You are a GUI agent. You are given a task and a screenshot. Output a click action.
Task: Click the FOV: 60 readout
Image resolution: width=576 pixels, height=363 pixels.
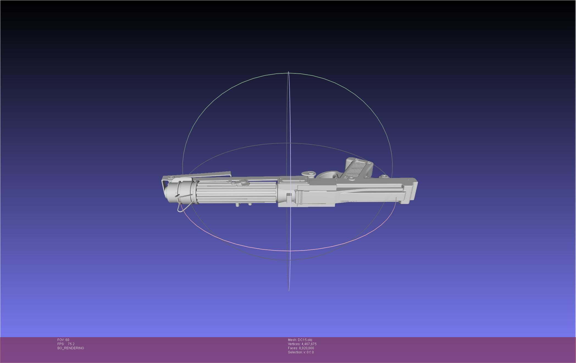coord(63,340)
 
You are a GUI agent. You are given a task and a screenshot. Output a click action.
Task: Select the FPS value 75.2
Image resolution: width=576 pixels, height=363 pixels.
coord(71,344)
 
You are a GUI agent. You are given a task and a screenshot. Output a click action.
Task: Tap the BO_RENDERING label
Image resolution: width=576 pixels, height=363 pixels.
coord(71,348)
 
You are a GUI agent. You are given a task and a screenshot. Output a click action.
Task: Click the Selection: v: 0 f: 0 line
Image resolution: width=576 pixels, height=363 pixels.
coord(301,352)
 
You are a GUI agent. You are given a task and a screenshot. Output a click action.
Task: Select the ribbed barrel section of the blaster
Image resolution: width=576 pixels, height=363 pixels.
coord(236,193)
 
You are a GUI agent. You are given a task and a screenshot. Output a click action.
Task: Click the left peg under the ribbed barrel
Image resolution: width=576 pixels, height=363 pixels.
coord(237,205)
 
